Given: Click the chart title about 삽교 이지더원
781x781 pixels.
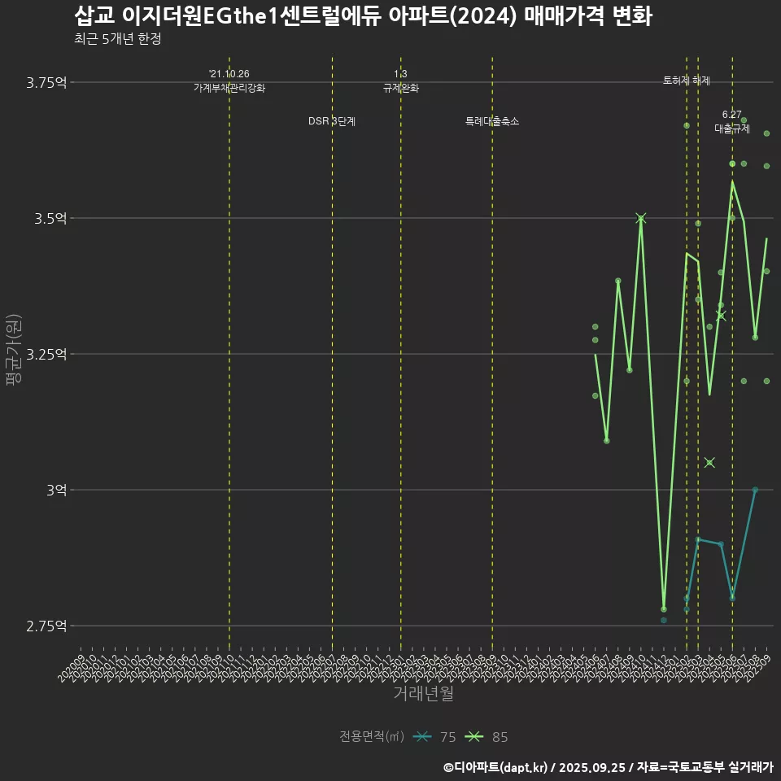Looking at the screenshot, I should [x=363, y=16].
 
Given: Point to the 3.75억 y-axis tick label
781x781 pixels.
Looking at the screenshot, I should [x=47, y=82].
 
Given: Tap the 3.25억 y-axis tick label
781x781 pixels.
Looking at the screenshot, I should [x=47, y=354].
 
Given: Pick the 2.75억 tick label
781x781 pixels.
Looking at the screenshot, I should [x=47, y=626].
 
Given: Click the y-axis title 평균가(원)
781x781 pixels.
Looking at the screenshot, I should [x=14, y=354].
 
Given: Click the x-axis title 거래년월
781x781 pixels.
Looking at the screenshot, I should [x=423, y=693].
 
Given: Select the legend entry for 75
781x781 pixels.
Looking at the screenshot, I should [x=434, y=737].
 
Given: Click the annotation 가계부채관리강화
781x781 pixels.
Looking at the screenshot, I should [x=229, y=88].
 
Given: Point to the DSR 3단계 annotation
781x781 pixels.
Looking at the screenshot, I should [x=332, y=121].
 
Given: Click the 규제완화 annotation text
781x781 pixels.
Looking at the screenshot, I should [x=400, y=88].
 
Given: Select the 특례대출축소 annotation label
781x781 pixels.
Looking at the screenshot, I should [x=492, y=121].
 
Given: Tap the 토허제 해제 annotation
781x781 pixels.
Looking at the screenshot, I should [x=687, y=81].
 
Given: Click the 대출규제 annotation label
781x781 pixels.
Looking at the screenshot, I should [x=732, y=129].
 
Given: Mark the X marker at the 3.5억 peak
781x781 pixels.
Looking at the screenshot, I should [x=641, y=218].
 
